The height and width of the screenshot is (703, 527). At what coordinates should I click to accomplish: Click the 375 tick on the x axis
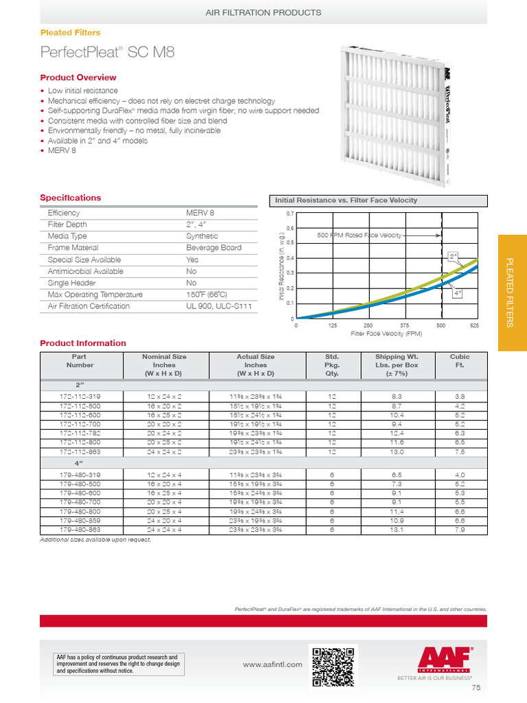point(404,325)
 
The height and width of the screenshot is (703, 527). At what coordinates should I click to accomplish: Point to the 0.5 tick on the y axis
point(290,243)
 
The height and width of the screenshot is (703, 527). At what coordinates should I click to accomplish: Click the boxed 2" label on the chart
point(453,256)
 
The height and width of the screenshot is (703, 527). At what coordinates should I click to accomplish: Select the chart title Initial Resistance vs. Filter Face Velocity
point(346,200)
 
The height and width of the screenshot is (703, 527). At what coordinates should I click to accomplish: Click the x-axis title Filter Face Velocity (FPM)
point(386,334)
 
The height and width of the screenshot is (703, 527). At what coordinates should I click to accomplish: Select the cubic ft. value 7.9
point(459,530)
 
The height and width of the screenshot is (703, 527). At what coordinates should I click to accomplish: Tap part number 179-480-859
point(80,521)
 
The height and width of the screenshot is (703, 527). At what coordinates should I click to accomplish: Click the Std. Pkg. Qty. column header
point(332,365)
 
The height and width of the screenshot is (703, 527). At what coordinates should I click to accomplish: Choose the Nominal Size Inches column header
point(164,365)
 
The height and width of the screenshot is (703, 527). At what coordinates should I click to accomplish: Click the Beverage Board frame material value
point(213,248)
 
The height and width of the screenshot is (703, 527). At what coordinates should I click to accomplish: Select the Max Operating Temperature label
point(95,295)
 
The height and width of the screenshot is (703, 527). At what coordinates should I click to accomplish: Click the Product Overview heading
point(78,78)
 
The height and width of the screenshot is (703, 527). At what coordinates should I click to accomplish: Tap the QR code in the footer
point(333,666)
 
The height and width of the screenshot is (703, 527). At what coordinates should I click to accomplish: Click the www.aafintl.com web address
point(272,665)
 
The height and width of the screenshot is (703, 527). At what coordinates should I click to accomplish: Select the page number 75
point(476,688)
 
